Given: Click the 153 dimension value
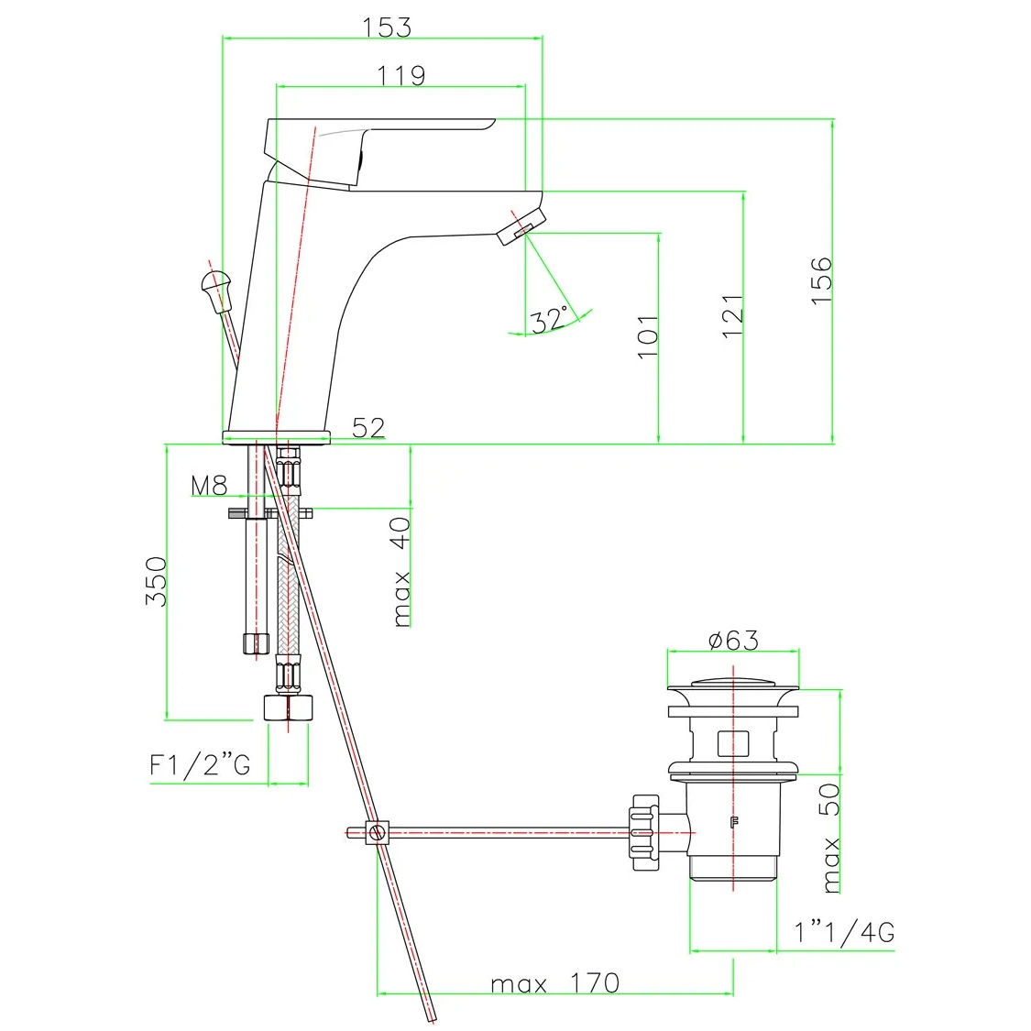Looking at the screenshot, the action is click(387, 27).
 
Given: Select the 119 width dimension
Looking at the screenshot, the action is click(401, 76).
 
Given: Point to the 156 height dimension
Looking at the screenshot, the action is click(821, 280).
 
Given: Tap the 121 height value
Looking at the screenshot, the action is click(732, 316).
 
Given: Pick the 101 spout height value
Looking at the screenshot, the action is click(648, 336).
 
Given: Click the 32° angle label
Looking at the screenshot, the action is click(549, 320).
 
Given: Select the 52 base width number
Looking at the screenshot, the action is click(368, 428).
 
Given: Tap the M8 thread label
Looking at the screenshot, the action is click(209, 486).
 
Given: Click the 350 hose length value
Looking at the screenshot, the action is click(157, 581).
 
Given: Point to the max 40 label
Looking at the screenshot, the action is click(400, 572).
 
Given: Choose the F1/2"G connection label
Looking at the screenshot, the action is click(200, 764).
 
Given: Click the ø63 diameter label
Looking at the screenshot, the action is click(734, 640).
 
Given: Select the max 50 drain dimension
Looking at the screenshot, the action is click(831, 838).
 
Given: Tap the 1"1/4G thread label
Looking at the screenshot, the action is click(844, 932).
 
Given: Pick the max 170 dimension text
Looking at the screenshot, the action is click(555, 983).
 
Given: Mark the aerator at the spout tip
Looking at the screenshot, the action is click(521, 227).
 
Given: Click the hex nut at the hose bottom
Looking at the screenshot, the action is click(288, 707).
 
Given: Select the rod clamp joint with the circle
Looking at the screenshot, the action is click(377, 833).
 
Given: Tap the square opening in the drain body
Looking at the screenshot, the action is click(733, 743).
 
